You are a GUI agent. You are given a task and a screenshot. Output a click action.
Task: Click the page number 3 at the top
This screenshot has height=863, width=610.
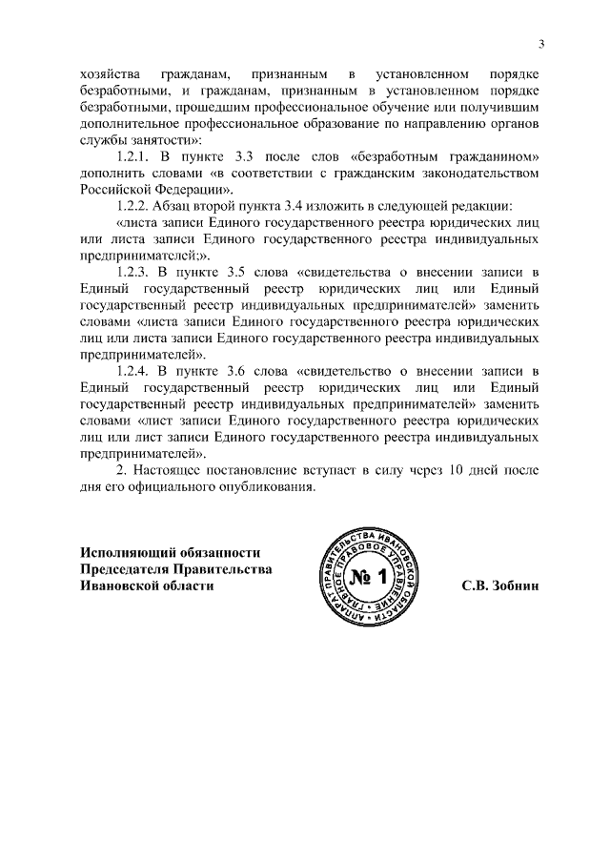(x=540, y=43)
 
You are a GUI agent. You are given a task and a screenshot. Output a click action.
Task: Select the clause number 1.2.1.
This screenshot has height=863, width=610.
(x=135, y=156)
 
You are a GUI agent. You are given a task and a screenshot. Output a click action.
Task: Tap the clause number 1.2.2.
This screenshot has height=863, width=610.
(x=135, y=206)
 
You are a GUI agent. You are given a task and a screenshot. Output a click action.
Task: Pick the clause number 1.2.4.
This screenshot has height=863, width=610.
(x=135, y=370)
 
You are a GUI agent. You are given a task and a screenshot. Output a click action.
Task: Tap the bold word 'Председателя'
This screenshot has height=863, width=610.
(x=124, y=569)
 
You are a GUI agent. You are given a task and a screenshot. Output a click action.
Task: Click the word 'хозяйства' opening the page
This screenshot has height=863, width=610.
(x=109, y=74)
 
